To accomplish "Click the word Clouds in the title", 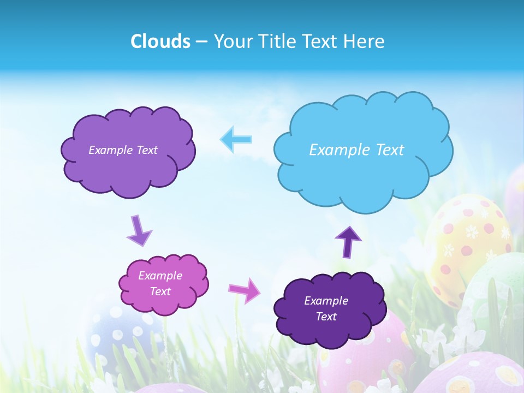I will [160, 41].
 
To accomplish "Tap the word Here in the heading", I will [365, 41].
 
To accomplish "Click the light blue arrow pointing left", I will [236, 139].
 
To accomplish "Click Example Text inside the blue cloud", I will [356, 150].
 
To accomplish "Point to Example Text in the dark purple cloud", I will [326, 308].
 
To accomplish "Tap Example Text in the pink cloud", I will [160, 283].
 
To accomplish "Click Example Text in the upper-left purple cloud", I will [123, 150].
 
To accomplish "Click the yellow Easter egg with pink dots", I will [464, 240].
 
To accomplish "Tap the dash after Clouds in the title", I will [201, 41].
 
